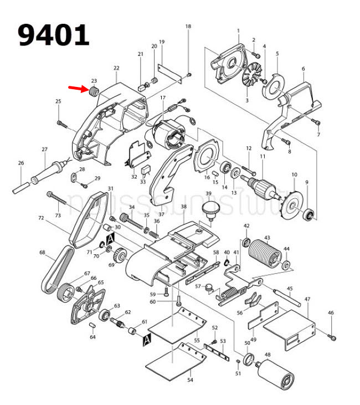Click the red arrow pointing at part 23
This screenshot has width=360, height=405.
(77, 89)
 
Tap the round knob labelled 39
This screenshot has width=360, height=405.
(209, 210)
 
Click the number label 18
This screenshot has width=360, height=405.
(188, 27)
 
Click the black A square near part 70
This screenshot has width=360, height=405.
(110, 238)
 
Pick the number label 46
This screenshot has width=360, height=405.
(331, 313)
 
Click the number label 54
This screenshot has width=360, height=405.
(189, 381)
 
